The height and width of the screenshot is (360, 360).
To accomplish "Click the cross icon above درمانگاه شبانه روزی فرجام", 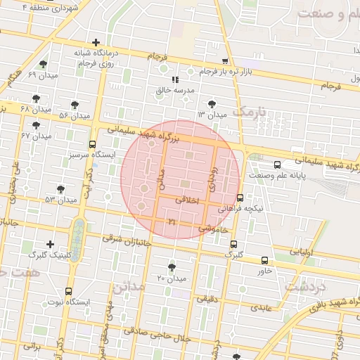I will (x=96, y=42).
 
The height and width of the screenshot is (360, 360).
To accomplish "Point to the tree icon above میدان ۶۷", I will (x=36, y=124).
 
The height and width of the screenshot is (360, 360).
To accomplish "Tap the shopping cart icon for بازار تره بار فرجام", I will (x=225, y=61).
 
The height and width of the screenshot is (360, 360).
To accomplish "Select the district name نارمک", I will (x=250, y=112).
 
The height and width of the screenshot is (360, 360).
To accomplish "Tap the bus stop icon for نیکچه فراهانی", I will (x=240, y=198).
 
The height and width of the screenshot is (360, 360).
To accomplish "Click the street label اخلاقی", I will (x=187, y=200).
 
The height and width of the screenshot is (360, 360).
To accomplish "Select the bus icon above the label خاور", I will (x=264, y=260).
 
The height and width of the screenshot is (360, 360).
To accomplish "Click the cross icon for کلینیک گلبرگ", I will (x=50, y=244).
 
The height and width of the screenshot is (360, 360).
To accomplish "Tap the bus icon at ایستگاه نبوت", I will (x=68, y=291).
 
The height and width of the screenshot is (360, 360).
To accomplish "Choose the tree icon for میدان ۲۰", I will (x=172, y=267).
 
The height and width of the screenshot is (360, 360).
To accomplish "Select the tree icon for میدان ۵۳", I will (x=61, y=188).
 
